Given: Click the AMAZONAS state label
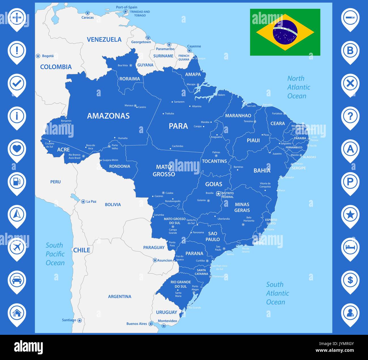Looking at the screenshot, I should pos(108,116).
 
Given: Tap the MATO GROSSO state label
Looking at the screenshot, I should pos(164,171).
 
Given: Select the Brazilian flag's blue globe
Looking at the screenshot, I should pos(285,32).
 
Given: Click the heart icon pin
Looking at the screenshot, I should pos(17,149).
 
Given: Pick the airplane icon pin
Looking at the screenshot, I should pos(17,247).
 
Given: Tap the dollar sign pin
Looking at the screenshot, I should pos(350,280).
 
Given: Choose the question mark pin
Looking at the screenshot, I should pos(350,116).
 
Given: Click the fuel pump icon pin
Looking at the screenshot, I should pos(17,182).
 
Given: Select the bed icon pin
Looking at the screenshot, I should pos(350,247).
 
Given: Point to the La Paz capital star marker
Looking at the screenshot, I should pos(83,202).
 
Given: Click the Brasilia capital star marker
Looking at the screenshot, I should pos(218,194).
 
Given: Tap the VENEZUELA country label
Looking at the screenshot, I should pos(104,40).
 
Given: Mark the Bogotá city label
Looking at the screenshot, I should pos(48,56).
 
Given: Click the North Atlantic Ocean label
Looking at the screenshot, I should pos(298,87).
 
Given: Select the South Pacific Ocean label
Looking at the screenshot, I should pos(55,254).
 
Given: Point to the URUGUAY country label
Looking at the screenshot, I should pos(166,312).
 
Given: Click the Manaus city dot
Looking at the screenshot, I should pos(135,106).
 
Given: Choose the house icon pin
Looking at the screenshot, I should pos(17,313).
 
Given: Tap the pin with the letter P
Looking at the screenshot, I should pos(350,182).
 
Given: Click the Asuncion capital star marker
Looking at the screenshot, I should pos(155,260).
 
